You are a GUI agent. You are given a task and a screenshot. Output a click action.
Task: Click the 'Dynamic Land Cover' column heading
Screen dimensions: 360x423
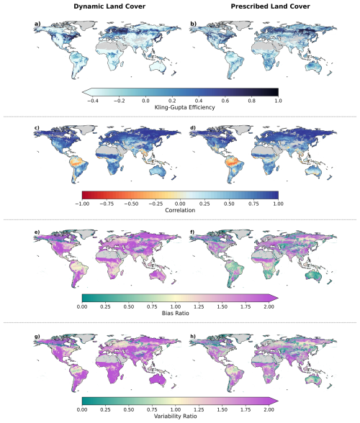point(109,6)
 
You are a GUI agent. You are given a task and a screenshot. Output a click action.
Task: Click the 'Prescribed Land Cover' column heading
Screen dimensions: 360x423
point(270,6)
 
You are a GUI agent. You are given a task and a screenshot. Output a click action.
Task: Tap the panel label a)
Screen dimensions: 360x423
point(37,24)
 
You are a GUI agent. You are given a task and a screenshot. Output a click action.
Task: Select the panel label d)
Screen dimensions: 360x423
point(194,127)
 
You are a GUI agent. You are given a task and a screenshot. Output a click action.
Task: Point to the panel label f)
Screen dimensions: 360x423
point(193,232)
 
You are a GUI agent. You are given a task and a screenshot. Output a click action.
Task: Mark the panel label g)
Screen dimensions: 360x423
point(37,336)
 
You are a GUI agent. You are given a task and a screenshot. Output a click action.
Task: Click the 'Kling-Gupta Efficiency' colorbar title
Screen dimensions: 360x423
point(185,107)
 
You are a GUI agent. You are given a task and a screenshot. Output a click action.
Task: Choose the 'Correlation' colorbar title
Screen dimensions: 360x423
point(180,210)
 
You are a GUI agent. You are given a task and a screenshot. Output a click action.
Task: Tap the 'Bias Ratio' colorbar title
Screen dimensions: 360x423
point(176,313)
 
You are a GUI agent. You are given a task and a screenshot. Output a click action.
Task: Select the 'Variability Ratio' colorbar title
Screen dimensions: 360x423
point(176,417)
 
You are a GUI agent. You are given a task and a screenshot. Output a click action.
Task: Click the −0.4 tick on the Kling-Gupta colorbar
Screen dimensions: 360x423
point(92,101)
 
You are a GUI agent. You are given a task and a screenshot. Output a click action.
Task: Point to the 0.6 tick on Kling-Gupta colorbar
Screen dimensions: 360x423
point(225,101)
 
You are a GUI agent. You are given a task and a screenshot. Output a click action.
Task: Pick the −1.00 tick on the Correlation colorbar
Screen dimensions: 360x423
point(82,204)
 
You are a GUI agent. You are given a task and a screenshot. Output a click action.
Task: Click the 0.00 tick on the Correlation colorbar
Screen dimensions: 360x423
point(180,204)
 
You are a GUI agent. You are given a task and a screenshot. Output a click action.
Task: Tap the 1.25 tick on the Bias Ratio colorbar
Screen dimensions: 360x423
point(199,306)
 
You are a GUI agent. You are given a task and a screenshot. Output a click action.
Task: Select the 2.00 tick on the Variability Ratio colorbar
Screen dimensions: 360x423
point(269,410)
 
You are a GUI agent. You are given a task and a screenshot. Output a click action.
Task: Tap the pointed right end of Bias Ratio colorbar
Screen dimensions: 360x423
point(278,298)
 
